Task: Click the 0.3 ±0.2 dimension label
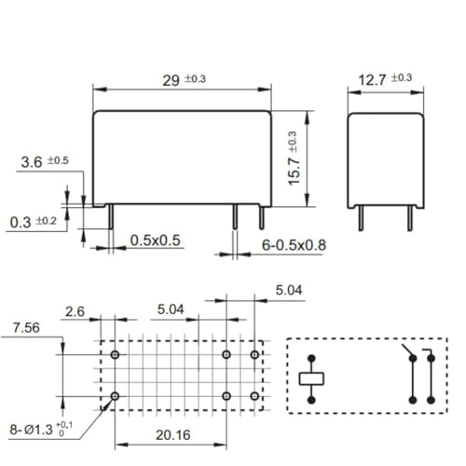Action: pyautogui.click(x=34, y=222)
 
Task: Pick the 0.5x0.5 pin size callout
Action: pyautogui.click(x=156, y=240)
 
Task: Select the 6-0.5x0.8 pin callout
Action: pyautogui.click(x=294, y=245)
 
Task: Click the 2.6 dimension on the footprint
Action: pyautogui.click(x=75, y=311)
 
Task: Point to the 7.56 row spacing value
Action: pyautogui.click(x=26, y=328)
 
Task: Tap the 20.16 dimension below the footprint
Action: pyautogui.click(x=173, y=435)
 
